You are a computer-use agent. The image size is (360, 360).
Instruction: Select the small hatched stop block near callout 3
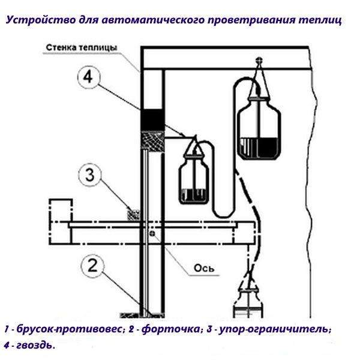click(x=133, y=213)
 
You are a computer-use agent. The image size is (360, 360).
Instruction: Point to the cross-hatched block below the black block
click(x=151, y=142)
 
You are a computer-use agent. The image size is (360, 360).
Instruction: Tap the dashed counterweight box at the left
click(x=60, y=212)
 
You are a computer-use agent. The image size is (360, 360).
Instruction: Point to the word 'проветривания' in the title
click(x=245, y=20)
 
